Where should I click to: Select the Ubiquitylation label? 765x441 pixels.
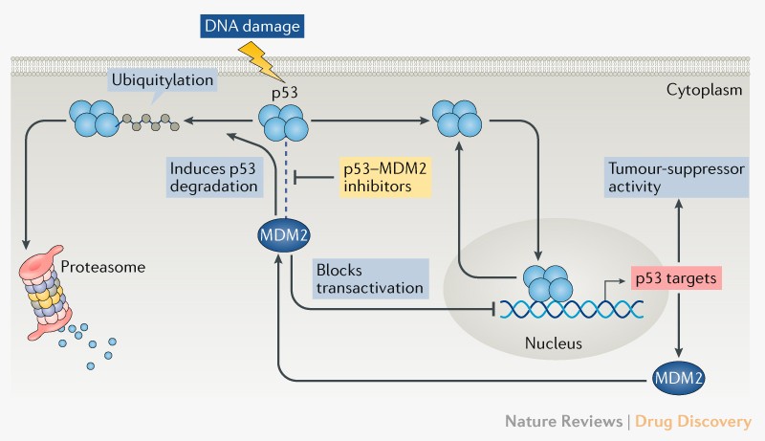(162, 81)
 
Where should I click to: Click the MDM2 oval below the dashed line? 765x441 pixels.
(282, 233)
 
